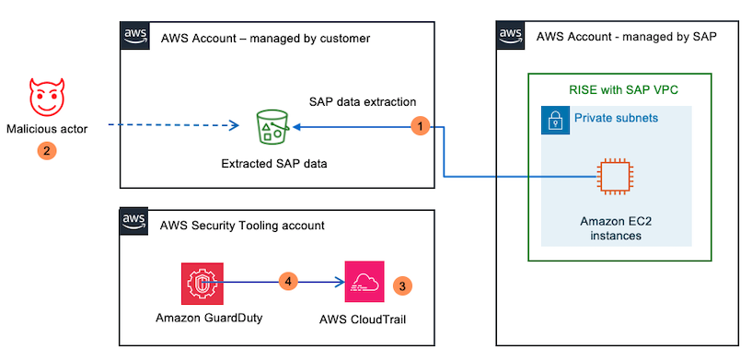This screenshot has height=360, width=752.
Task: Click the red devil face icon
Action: (46, 96)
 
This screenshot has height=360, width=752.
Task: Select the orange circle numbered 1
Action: (420, 125)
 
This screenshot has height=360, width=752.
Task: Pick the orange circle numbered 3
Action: (402, 285)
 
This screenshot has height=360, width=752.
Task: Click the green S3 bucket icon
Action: (273, 128)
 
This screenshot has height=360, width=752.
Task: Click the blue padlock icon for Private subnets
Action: (555, 120)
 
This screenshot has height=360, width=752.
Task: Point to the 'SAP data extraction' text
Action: (363, 100)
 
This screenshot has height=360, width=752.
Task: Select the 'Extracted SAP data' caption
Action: (274, 164)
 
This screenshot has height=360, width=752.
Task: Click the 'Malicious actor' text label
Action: (46, 129)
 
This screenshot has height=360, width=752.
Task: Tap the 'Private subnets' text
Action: (615, 119)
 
